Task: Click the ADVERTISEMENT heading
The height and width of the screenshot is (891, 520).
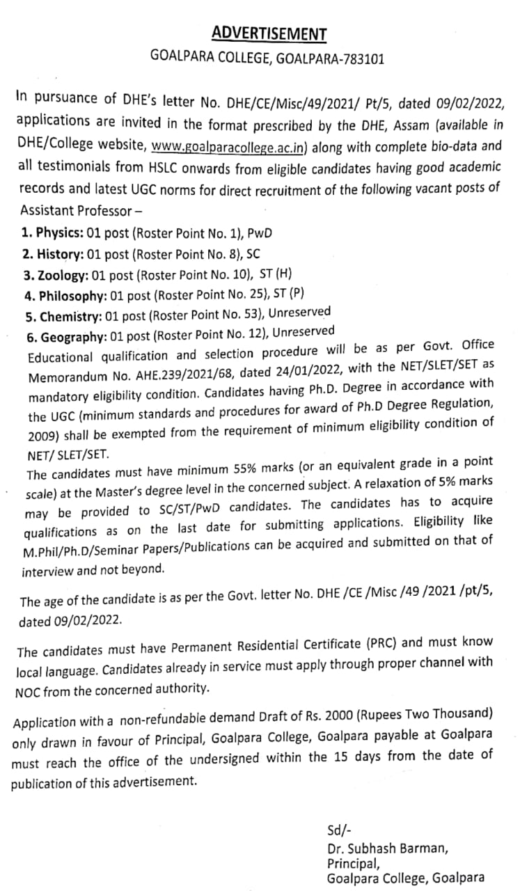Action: pyautogui.click(x=269, y=33)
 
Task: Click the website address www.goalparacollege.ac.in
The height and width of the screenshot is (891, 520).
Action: pyautogui.click(x=231, y=148)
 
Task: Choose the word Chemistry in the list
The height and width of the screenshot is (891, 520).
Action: pyautogui.click(x=64, y=317)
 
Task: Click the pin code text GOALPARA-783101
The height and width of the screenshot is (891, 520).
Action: pyautogui.click(x=329, y=59)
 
